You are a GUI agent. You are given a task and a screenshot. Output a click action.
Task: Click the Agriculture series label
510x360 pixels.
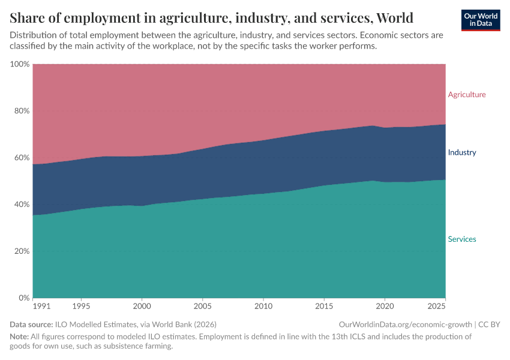(467, 95)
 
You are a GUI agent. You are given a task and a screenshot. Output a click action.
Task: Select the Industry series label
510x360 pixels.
(461, 152)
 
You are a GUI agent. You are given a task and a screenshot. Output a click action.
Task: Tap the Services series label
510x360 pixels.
(461, 239)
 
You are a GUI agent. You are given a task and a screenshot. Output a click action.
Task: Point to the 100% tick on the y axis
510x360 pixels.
(20, 64)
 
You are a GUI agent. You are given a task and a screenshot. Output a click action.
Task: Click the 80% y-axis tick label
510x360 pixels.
(22, 111)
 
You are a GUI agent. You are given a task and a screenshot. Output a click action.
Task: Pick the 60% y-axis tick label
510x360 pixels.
(22, 158)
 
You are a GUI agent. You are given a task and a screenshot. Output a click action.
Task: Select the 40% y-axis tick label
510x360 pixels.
(22, 205)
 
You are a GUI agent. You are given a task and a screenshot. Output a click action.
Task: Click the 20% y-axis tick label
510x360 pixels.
(22, 251)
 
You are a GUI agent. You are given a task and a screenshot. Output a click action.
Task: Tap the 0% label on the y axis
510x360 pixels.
(24, 298)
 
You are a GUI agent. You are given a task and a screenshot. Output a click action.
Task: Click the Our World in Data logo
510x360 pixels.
(481, 20)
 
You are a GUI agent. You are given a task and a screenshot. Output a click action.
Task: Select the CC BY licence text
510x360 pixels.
(489, 325)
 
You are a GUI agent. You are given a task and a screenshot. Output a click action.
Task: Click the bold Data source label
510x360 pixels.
(31, 325)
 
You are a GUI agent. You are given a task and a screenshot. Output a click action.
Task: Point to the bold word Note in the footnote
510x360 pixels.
(20, 337)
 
